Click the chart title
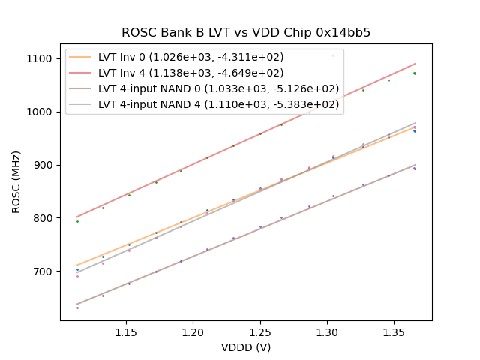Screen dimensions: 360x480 246,33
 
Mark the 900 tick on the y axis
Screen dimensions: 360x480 43,165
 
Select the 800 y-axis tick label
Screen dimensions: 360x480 43,218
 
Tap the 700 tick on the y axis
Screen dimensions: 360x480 43,271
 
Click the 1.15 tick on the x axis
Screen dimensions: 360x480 126,331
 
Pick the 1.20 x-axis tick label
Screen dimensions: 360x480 193,331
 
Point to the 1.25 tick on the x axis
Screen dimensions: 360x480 260,331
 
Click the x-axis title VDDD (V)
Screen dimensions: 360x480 246,347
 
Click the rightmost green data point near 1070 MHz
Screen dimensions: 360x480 415,73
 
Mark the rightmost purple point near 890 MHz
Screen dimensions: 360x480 415,169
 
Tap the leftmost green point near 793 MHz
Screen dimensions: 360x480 77,221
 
